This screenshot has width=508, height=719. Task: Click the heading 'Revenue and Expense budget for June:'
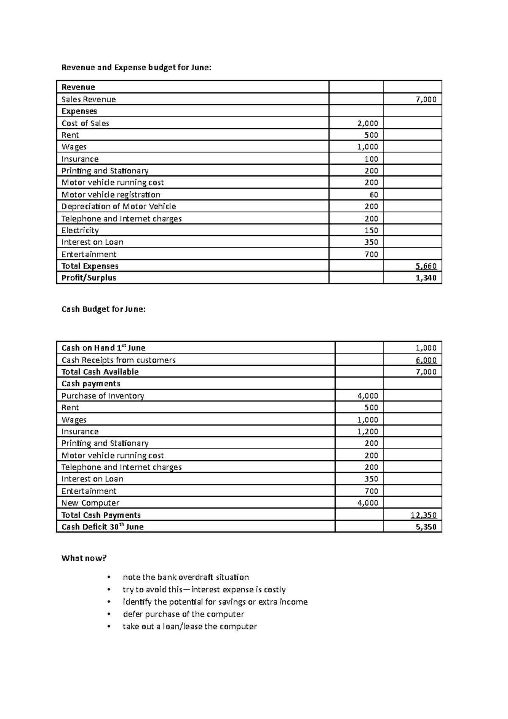136,67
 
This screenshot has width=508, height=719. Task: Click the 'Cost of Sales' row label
85,123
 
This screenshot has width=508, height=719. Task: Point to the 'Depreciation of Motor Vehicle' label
119,207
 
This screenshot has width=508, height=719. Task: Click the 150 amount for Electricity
371,230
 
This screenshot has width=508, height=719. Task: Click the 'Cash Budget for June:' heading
103,309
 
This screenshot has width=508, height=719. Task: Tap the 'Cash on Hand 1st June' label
103,348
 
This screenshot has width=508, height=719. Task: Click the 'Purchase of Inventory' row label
103,396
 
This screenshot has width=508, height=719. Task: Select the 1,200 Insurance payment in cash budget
368,432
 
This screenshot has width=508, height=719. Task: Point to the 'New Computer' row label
90,503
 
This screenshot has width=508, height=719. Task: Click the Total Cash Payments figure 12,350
423,515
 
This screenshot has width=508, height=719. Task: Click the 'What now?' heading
84,558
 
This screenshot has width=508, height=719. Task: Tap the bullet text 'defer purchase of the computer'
183,614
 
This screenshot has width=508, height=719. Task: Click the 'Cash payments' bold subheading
91,384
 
